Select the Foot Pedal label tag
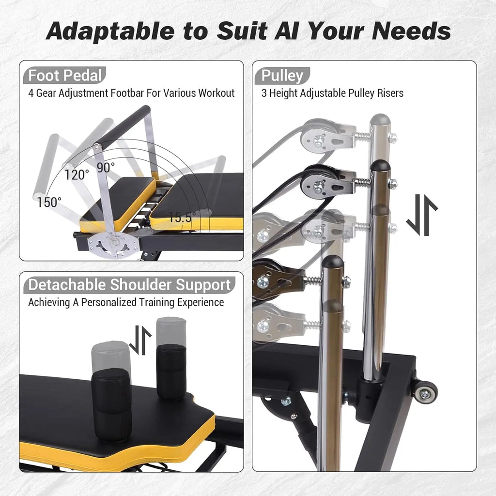pyautogui.click(x=65, y=76)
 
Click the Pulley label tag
pyautogui.click(x=282, y=76)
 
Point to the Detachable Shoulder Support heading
pyautogui.click(x=129, y=285)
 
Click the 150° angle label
pyautogui.click(x=49, y=202)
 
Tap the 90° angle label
pyautogui.click(x=105, y=167)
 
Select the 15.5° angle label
pyautogui.click(x=182, y=217)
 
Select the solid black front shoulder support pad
pyautogui.click(x=111, y=404)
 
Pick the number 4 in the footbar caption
pyautogui.click(x=31, y=93)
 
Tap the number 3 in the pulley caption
pyautogui.click(x=264, y=93)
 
